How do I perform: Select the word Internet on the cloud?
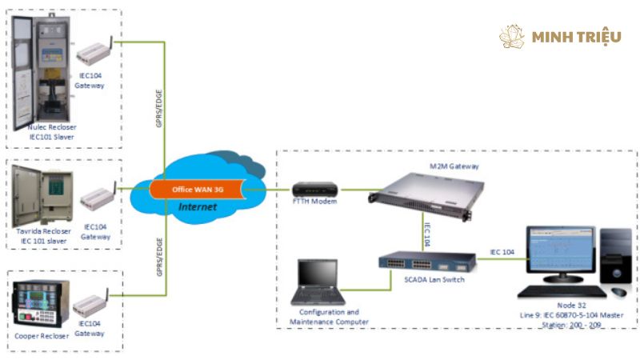[x=198, y=207]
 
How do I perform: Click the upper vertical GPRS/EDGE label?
[x=160, y=108]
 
